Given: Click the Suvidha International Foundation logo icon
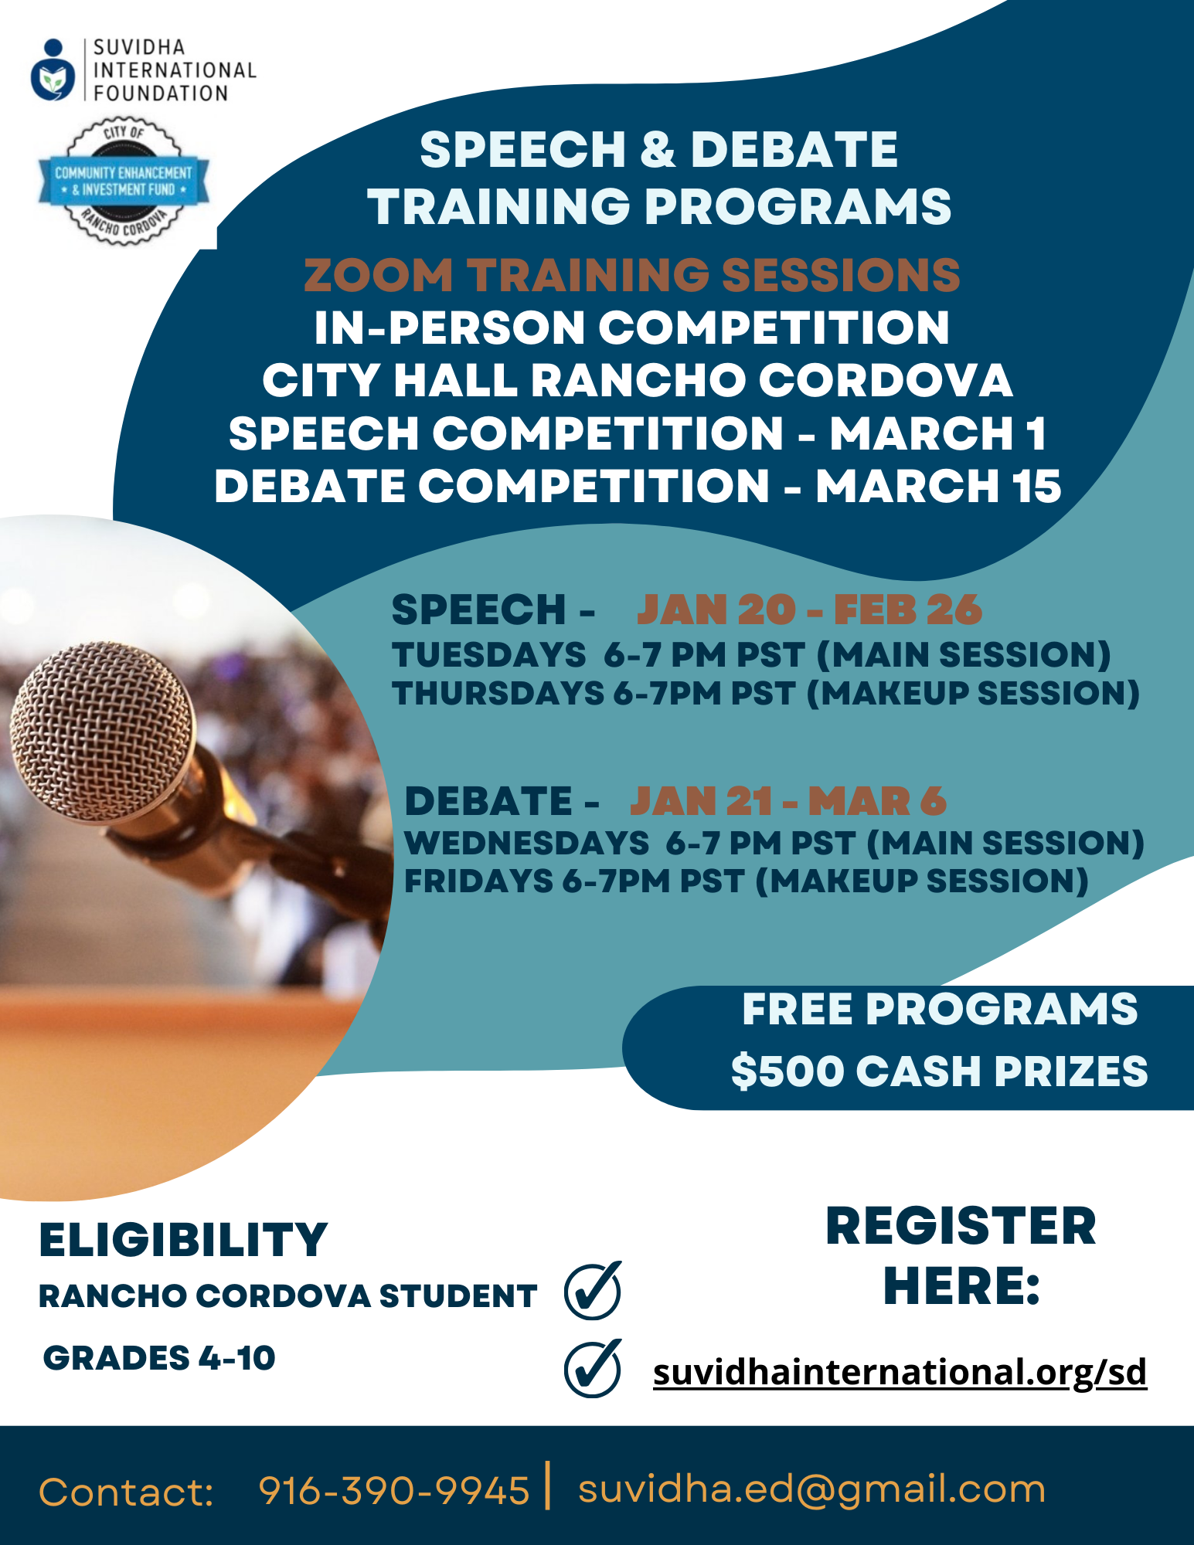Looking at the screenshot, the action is click(53, 70).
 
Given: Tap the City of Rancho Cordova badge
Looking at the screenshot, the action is click(124, 182).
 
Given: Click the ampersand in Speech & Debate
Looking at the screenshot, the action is click(658, 149).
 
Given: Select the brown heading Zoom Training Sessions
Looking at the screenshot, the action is click(631, 275).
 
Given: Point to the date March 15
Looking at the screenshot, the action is click(938, 486).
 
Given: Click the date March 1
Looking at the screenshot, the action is click(938, 433).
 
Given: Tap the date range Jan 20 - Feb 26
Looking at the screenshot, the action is click(809, 610).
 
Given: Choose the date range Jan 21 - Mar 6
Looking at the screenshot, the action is click(788, 801).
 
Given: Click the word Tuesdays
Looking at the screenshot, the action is click(489, 655).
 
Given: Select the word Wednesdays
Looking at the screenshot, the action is click(527, 843).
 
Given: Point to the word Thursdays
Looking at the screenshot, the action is click(498, 693).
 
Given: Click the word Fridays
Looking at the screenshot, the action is click(479, 881).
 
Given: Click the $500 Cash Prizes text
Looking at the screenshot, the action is click(940, 1071).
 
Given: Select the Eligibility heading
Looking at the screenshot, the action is click(184, 1241).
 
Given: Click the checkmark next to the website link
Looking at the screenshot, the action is click(593, 1368).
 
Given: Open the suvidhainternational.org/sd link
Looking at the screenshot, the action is click(900, 1372).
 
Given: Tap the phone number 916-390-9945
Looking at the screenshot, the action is click(394, 1490).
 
